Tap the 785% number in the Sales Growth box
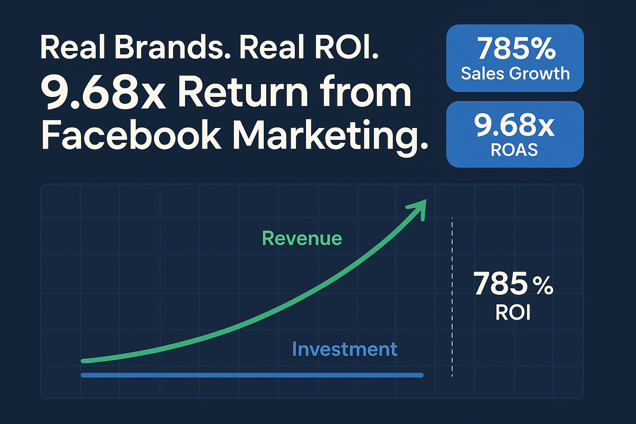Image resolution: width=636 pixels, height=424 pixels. coord(516,49)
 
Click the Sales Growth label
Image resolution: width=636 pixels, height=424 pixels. coord(515,74)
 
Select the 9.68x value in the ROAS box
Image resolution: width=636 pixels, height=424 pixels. coord(514,125)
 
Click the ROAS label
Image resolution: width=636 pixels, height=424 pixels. coord(514,150)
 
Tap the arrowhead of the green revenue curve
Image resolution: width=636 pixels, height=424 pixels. coord(419,207)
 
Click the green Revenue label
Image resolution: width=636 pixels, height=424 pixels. coord(302,238)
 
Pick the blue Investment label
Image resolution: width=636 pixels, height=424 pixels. coord(344,349)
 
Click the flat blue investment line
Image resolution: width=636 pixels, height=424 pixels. coord(252,375)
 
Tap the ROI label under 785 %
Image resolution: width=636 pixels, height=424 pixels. coord(513,313)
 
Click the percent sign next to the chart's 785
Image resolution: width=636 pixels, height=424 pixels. coord(543,286)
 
